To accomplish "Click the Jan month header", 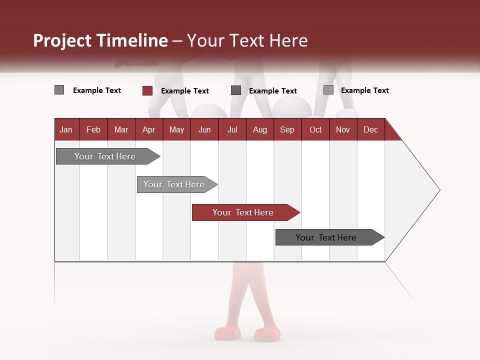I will coord(66,130).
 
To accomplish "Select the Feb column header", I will coord(93,130).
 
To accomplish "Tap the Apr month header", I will coord(148,130).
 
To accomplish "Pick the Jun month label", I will coord(204,130).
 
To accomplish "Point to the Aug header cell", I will coord(259,130).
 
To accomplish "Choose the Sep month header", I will coord(287,130).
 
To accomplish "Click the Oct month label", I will coord(315,130).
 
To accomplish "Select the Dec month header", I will coord(370,130).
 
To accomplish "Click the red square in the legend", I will coord(147,90).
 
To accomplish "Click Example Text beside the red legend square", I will coord(185,91).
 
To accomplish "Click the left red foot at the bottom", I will coord(227,333).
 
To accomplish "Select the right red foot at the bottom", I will coord(267,334).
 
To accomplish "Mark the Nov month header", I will coord(342,130).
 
